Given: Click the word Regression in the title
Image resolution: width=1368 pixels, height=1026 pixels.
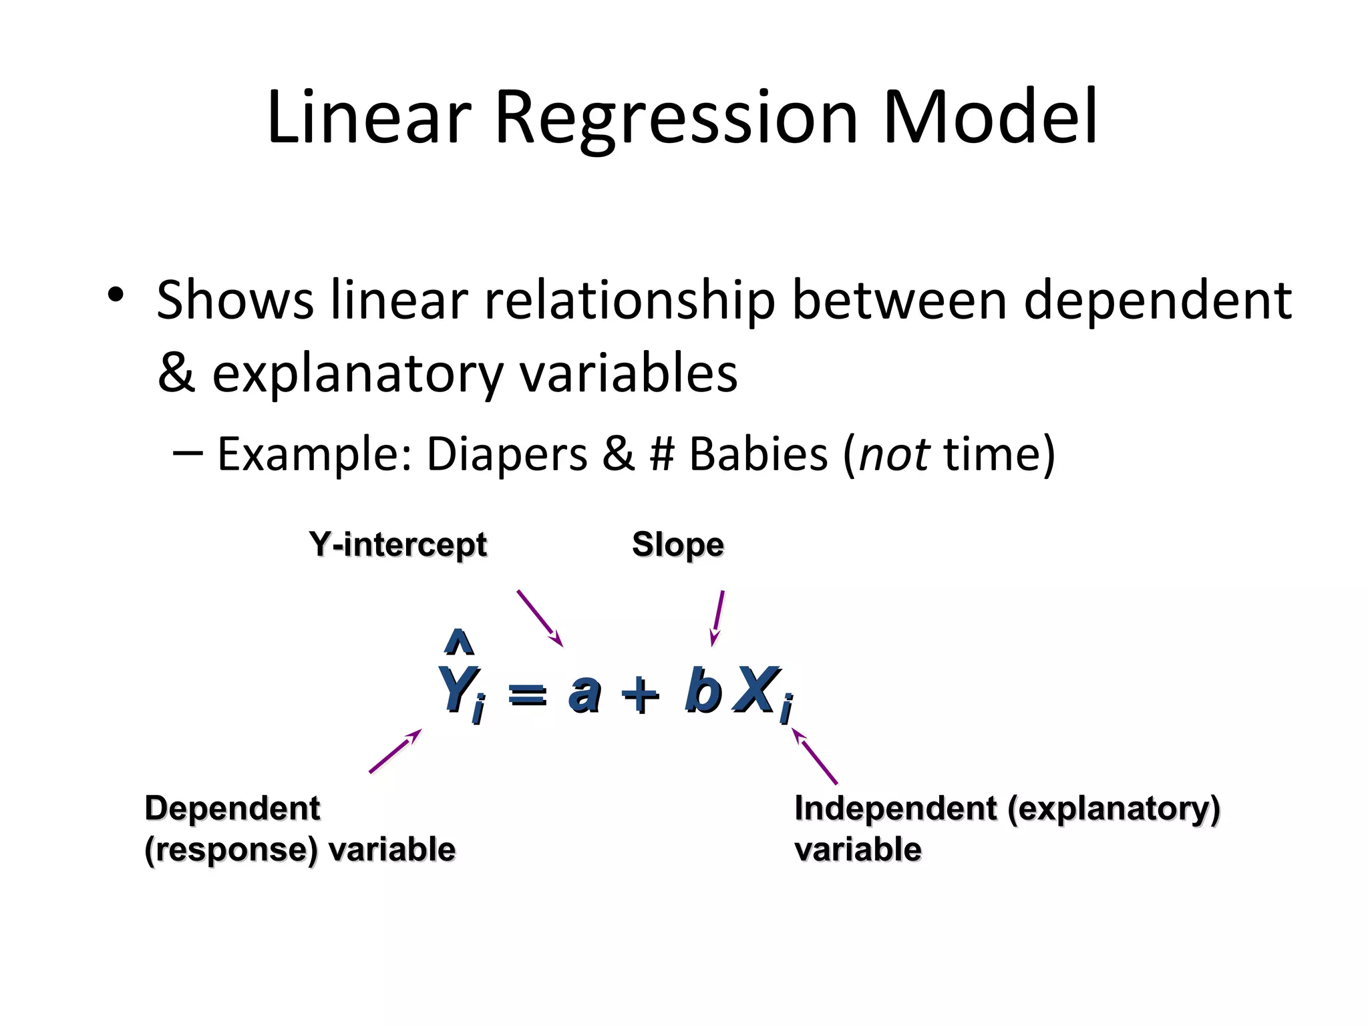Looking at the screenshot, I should point(676,119).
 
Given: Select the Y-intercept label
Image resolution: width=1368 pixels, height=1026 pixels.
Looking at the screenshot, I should point(398,544).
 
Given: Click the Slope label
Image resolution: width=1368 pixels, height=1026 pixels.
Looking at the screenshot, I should point(677,544).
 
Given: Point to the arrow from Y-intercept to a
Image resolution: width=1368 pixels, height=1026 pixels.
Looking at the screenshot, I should point(540,618).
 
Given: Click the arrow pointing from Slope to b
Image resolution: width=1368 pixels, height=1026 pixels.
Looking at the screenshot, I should point(717,618).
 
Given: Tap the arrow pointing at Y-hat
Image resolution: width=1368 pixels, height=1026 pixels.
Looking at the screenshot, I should point(395,751).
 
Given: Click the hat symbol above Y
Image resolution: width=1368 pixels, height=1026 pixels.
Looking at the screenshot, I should point(459,642).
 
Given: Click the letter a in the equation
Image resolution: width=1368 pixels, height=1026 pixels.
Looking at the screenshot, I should point(584,692).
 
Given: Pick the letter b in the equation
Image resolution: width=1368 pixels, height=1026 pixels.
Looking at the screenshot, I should point(703,689).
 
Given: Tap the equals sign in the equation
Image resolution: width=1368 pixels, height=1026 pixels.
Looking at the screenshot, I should point(527,695).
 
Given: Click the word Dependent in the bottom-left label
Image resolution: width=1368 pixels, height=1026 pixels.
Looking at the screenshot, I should point(232,808).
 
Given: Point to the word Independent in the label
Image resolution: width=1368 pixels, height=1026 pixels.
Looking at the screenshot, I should point(895,808).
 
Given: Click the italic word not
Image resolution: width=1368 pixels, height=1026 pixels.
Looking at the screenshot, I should point(894,454).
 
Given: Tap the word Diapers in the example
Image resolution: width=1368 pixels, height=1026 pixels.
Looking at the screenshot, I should point(506,454).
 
